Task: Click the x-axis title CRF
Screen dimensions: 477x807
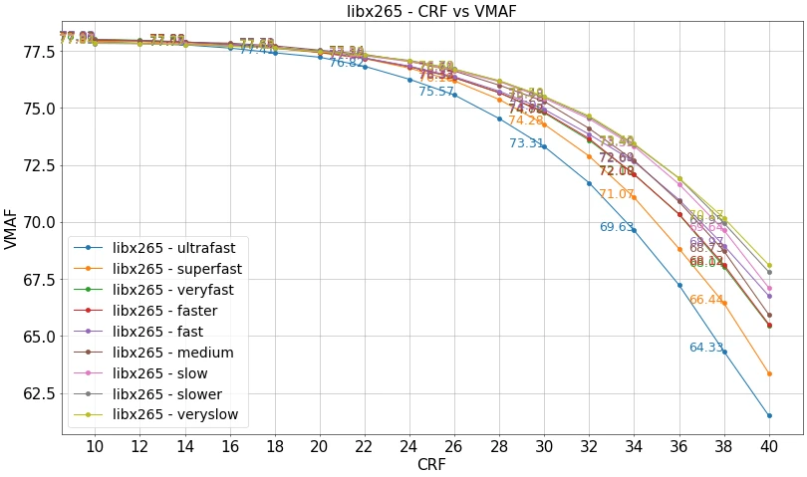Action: pyautogui.click(x=431, y=464)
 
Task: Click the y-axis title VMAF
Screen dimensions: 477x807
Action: pyautogui.click(x=11, y=229)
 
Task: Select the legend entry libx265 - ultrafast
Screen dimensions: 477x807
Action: pyautogui.click(x=173, y=247)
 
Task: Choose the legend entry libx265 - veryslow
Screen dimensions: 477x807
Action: pyautogui.click(x=174, y=414)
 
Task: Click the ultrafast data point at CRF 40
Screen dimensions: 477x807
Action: pyautogui.click(x=769, y=415)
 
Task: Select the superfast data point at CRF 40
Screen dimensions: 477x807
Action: pyautogui.click(x=769, y=373)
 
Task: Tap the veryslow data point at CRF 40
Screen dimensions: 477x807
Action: pyautogui.click(x=769, y=266)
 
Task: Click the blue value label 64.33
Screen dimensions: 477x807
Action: pyautogui.click(x=705, y=348)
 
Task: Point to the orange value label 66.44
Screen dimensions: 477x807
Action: pyautogui.click(x=705, y=300)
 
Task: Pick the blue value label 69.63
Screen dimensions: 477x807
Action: pyautogui.click(x=617, y=227)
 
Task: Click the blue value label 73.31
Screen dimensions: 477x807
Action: pyautogui.click(x=527, y=143)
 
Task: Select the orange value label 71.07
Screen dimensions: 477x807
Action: pyautogui.click(x=616, y=194)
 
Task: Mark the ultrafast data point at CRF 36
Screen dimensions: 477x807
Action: pyautogui.click(x=679, y=285)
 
